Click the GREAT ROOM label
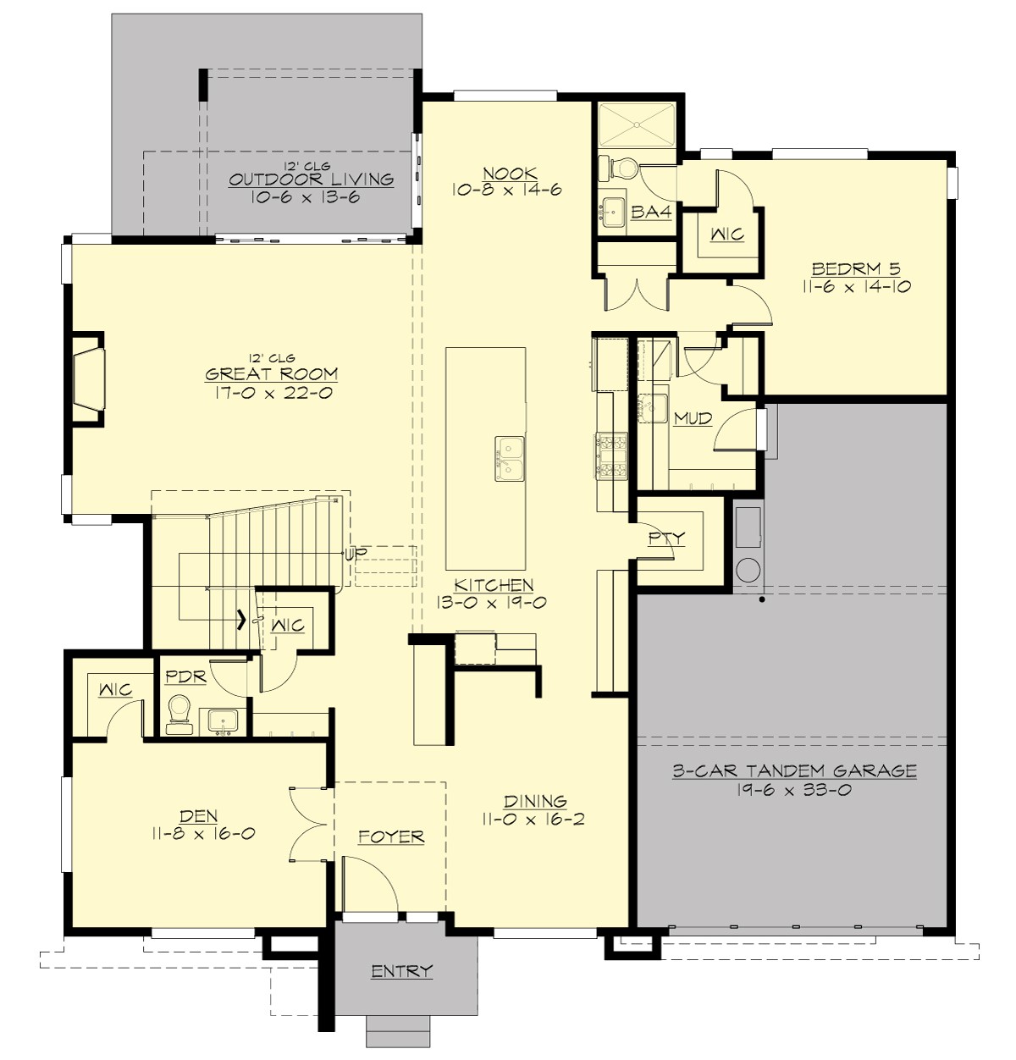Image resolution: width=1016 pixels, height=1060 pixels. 272,373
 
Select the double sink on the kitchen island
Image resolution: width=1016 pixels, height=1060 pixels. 510,458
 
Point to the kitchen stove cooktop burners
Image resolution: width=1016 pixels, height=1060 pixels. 612,455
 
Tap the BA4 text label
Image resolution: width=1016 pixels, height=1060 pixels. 651,212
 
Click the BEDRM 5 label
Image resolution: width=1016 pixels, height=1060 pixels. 856,269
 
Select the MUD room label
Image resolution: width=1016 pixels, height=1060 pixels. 693,418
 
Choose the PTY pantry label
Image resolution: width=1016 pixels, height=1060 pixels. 666,538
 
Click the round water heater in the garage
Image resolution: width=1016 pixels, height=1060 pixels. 748,569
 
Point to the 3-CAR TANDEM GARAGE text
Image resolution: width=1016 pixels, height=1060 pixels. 794,770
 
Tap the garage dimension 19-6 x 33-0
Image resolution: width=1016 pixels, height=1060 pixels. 794,790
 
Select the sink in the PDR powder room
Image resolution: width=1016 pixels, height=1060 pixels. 224,721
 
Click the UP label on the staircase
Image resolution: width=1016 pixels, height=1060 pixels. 356,554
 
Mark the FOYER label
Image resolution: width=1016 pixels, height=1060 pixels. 390,836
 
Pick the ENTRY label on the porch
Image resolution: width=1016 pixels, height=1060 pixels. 401,971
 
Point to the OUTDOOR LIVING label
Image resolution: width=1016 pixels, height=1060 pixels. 311,179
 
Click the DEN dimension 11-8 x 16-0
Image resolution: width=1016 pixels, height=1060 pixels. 203,833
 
